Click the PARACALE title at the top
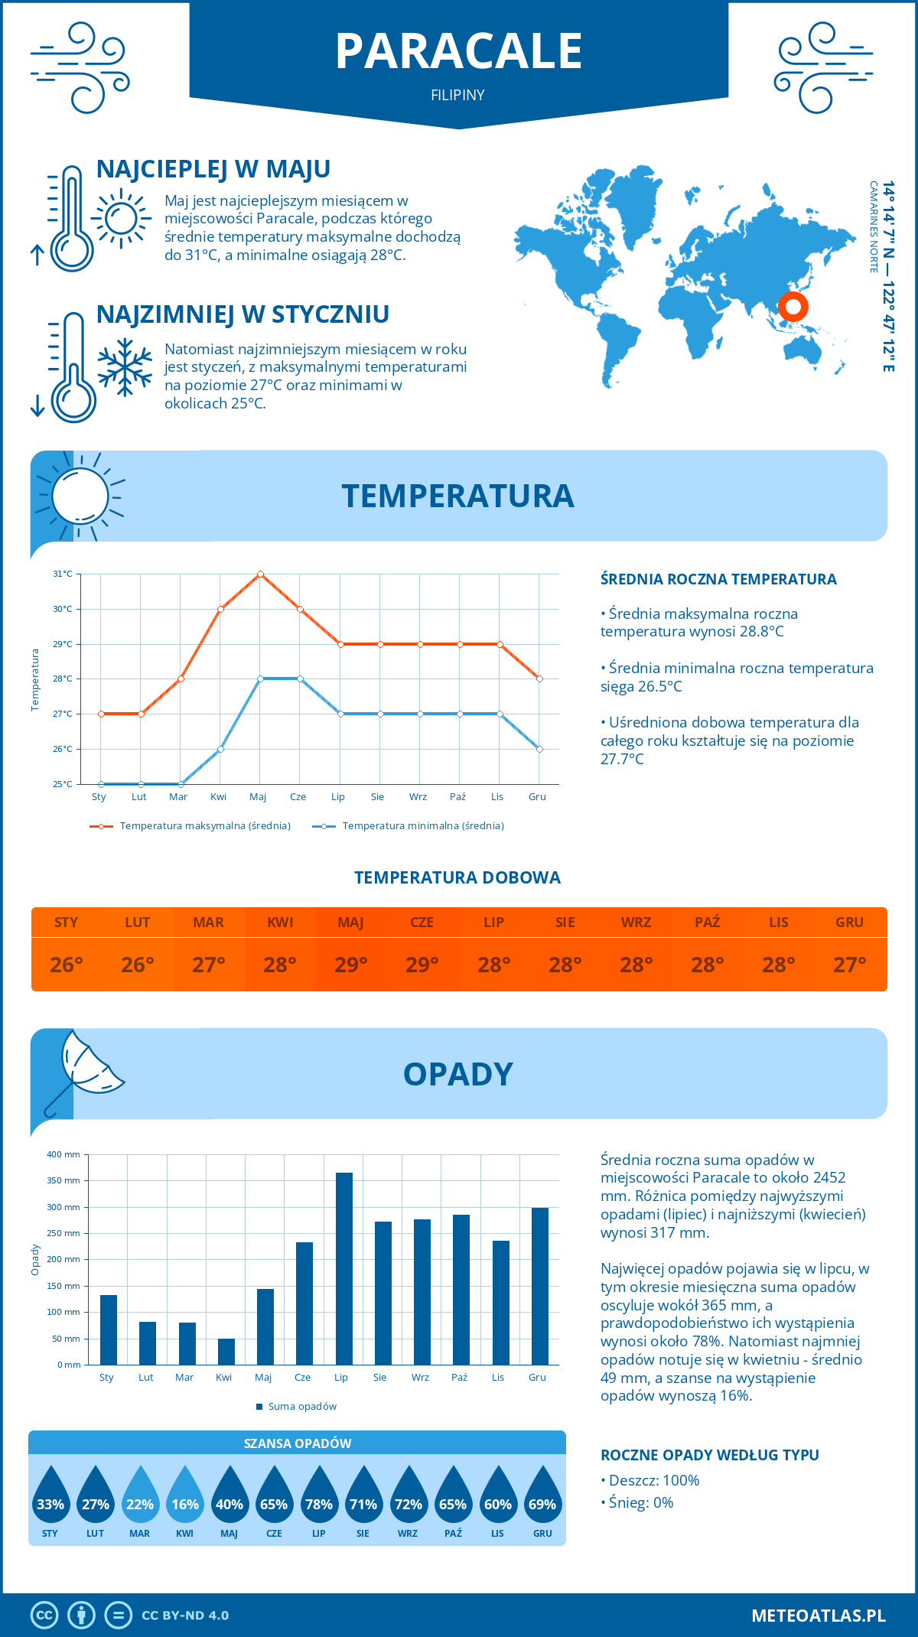point(458,51)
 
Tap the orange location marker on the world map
point(793,307)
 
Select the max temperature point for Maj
point(260,574)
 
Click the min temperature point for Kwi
point(220,749)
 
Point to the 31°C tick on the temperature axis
point(63,574)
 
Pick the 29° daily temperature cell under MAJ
point(351,965)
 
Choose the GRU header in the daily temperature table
point(849,923)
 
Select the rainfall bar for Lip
point(344,1268)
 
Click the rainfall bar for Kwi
point(226,1351)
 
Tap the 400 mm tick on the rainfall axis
point(63,1154)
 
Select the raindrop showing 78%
point(319,1497)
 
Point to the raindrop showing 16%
point(185,1497)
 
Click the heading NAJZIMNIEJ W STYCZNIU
point(243,314)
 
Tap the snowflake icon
point(125,367)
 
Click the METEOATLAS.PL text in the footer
point(818,1616)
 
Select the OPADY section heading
point(457,1074)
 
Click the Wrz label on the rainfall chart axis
point(420,1378)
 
